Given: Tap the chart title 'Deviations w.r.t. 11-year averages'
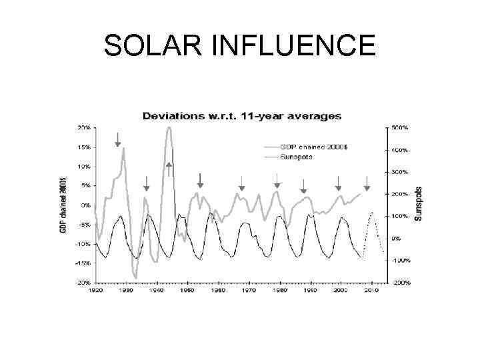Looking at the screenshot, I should pos(241,116).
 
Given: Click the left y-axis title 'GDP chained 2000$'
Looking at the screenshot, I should pos(63,205).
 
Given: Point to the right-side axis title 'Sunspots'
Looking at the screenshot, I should pos(419,203).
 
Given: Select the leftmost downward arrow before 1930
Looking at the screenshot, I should pos(117,139).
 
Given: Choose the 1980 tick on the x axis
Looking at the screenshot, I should pos(279,291).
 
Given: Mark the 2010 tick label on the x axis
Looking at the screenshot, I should pos(371,291).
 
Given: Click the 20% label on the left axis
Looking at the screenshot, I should pos(85,127).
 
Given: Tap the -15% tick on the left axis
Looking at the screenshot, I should pos(83,263).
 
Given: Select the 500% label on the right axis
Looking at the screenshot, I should pos(400,127).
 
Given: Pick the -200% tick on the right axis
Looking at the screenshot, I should pos(400,283).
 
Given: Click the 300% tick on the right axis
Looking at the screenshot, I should pos(400,172).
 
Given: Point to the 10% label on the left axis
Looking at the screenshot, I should pos(85,166).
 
